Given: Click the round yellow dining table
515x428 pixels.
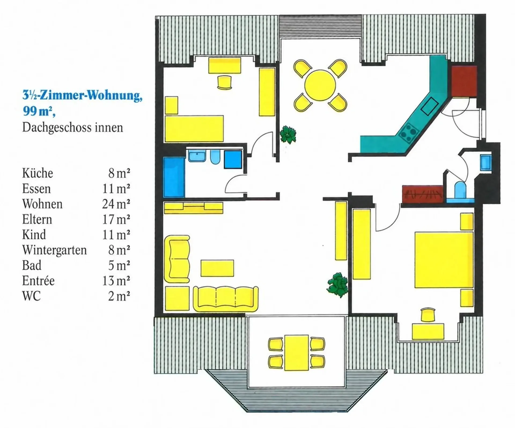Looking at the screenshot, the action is pos(320,85).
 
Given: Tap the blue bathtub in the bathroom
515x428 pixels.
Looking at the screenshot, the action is pos(174,177).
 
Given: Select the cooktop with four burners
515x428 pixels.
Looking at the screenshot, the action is pos(409,133).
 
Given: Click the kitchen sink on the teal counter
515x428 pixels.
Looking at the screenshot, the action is pos(430,106).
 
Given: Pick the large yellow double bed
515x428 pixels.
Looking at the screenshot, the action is pos(444,260).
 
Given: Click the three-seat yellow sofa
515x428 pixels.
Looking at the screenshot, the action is pos(226,299).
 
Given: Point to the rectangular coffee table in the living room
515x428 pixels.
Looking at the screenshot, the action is pos(217,268).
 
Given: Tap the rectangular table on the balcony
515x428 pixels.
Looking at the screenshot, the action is pos(296,353).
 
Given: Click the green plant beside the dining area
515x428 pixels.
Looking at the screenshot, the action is pos(288,134).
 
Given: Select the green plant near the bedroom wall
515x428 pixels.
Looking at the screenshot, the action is pos(337,285).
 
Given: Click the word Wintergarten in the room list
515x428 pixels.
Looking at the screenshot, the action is pos(54,250).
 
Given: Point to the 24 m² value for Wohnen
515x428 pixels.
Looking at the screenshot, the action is pos(116,204).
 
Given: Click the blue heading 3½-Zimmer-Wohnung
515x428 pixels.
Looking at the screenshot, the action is pos(82,95).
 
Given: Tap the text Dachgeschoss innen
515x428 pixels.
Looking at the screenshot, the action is pos(72,127).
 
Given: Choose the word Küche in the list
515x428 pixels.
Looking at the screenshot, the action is pos(38,173).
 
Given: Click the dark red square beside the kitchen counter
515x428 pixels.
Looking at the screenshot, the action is pos(464,81).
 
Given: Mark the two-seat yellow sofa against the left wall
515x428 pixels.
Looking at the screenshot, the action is pos(177,259).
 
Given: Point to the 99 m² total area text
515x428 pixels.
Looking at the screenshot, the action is pos(39,111).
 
